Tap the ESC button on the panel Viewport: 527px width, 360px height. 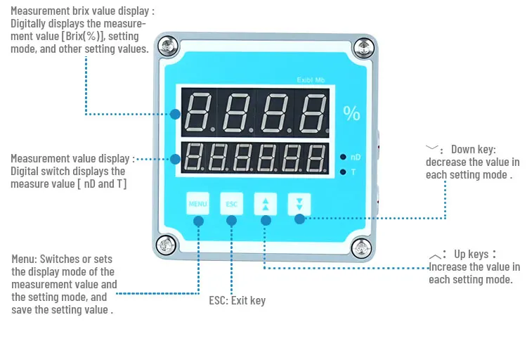[x=232, y=203]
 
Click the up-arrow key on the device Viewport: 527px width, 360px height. [x=266, y=203]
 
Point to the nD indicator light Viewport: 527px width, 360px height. [x=342, y=157]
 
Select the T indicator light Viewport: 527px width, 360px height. [x=342, y=172]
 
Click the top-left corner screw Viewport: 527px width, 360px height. [x=167, y=48]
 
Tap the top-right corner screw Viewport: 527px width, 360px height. [x=362, y=48]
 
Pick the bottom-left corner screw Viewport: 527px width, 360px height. [x=167, y=245]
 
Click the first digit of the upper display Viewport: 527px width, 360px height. [x=199, y=113]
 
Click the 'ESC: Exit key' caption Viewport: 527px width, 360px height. [x=238, y=300]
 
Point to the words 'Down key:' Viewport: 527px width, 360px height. [x=473, y=150]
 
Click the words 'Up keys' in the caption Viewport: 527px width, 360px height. [x=471, y=254]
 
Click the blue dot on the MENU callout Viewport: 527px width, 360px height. [x=198, y=220]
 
